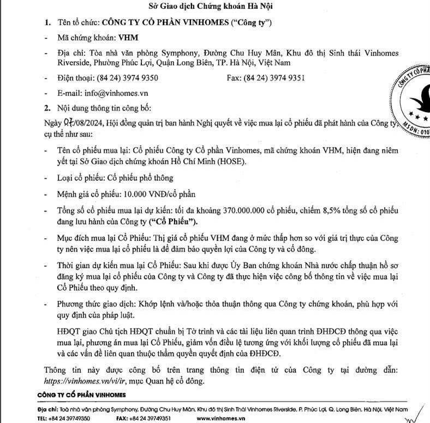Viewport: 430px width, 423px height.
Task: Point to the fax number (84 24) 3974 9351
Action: [274, 78]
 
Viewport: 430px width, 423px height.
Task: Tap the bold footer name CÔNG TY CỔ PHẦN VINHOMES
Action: [81, 395]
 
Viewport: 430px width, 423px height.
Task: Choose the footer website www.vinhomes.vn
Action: [221, 418]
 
